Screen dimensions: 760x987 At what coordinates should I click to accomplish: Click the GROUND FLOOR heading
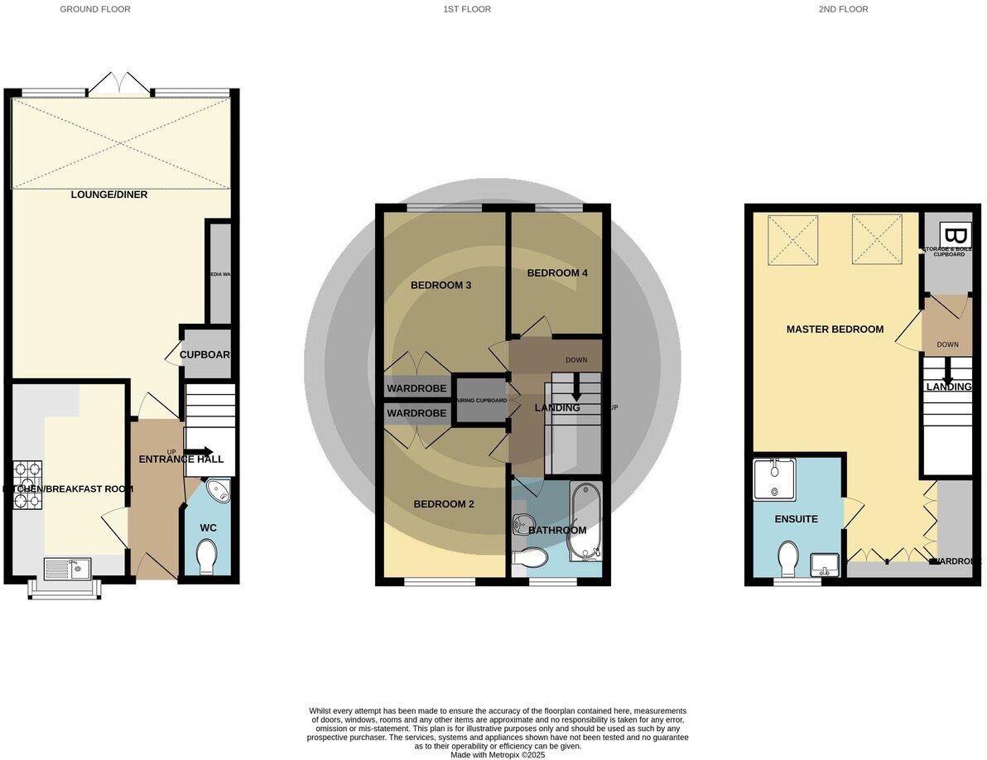95,9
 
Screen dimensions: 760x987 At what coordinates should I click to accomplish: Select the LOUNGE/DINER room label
108,195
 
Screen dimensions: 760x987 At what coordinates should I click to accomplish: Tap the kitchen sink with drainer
67,568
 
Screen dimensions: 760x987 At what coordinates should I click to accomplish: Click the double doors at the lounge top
121,84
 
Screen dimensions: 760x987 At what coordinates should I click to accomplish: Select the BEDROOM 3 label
441,286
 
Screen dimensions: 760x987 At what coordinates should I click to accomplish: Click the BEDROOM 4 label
556,273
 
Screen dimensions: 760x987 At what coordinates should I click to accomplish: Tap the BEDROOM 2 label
443,503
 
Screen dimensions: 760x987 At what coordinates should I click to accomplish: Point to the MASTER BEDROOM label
834,329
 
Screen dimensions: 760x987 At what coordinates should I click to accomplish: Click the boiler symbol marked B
956,234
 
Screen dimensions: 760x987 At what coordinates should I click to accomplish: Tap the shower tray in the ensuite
774,479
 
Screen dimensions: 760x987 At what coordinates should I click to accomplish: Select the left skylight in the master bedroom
792,240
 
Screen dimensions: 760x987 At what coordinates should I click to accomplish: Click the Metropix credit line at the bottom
498,754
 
